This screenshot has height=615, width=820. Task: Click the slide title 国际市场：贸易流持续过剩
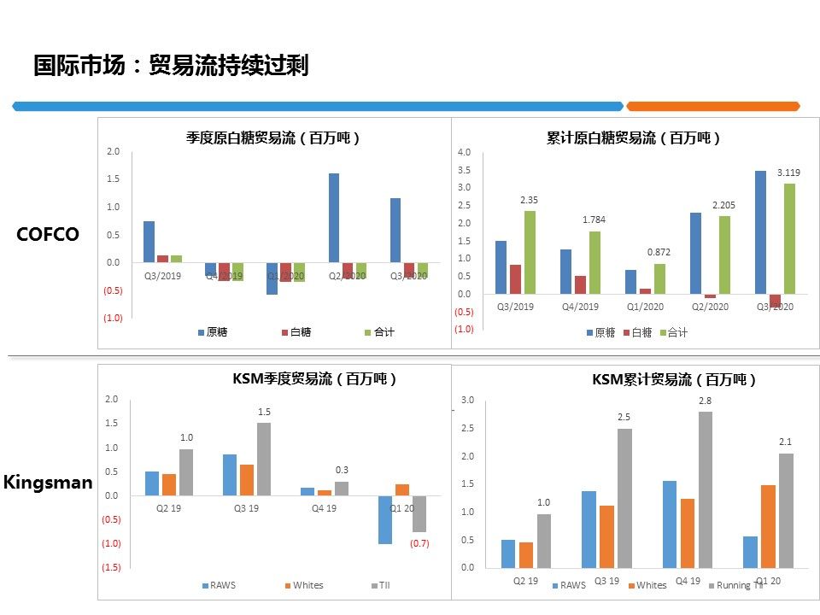(x=171, y=66)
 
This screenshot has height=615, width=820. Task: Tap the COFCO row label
(x=48, y=234)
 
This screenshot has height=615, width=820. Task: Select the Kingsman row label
(x=48, y=483)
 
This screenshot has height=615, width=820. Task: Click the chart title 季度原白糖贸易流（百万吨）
(x=273, y=138)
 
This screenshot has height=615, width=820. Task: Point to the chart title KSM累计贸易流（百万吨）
(x=675, y=380)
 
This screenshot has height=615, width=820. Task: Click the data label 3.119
(x=788, y=173)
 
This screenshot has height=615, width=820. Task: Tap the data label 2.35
(x=529, y=200)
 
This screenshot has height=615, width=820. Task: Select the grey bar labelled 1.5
(x=264, y=459)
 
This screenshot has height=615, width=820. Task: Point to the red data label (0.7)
(x=419, y=543)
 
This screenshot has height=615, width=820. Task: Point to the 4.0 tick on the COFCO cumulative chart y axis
(x=465, y=152)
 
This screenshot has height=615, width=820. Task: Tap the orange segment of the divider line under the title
(x=712, y=106)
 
